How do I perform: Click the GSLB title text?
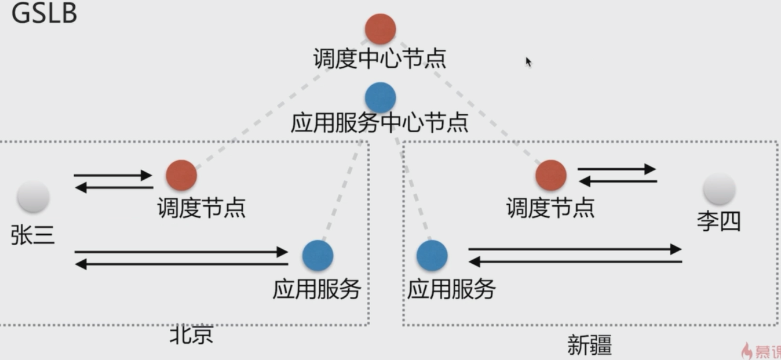click(44, 14)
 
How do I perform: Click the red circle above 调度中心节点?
click(380, 29)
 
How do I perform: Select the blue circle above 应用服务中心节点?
click(381, 97)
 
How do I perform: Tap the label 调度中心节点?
click(379, 59)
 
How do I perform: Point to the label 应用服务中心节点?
click(379, 123)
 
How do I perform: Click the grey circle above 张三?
click(33, 197)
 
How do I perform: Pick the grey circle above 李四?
click(719, 189)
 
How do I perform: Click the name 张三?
click(32, 235)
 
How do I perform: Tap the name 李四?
click(718, 221)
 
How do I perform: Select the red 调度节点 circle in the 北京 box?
click(181, 175)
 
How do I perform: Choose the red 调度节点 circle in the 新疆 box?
click(550, 175)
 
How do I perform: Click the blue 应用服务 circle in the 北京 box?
click(317, 256)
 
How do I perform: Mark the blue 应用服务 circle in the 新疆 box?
click(432, 256)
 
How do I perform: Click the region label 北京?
click(191, 335)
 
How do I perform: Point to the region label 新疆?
click(589, 346)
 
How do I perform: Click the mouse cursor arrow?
click(528, 61)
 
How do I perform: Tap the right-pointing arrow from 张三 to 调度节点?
click(113, 175)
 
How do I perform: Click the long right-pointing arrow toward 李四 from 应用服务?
click(574, 249)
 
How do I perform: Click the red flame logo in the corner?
click(747, 351)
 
